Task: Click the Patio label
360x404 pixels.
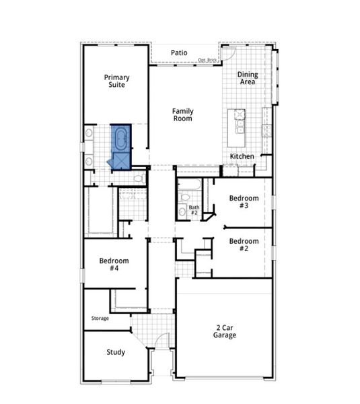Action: [x=178, y=53]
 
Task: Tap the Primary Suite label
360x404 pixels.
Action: [x=116, y=81]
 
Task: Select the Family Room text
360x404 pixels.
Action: [x=182, y=114]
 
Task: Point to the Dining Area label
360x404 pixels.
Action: [x=248, y=78]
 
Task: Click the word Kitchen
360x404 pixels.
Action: [x=242, y=156]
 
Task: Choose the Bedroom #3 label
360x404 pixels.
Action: [x=244, y=201]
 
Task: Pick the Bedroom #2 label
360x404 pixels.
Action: [x=244, y=244]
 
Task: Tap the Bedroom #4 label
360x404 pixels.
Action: [x=114, y=264]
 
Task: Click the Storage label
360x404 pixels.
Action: [x=100, y=318]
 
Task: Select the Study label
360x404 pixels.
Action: [x=115, y=352]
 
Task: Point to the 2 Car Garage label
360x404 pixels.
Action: [x=225, y=331]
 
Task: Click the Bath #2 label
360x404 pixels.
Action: [x=194, y=210]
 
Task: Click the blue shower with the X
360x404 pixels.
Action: [x=122, y=160]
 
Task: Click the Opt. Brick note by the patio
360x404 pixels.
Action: [x=207, y=61]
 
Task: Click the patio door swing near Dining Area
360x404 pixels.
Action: [x=228, y=53]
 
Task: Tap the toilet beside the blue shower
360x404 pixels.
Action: [x=139, y=178]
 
